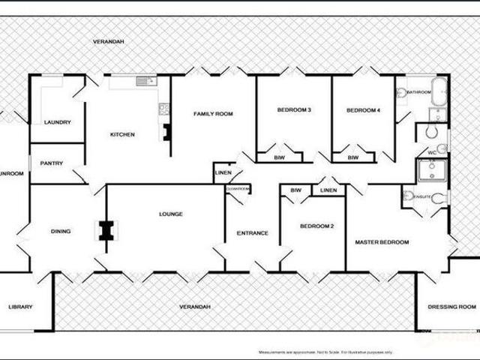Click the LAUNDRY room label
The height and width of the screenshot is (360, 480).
click(x=57, y=122)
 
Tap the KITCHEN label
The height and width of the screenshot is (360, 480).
click(x=122, y=135)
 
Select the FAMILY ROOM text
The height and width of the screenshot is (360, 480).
click(x=213, y=114)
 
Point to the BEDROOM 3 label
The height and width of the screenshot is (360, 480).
click(x=294, y=111)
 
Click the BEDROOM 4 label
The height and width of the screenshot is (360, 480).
click(x=363, y=111)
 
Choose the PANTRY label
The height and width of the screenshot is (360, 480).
click(x=51, y=163)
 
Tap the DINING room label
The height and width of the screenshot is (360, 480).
click(x=60, y=231)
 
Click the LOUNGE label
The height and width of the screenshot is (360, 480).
click(x=171, y=214)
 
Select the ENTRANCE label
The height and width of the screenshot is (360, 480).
click(x=253, y=232)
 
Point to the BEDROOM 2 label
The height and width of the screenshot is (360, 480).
click(x=316, y=226)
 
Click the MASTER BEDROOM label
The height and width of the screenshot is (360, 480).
click(x=382, y=242)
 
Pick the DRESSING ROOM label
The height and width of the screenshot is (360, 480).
click(x=451, y=307)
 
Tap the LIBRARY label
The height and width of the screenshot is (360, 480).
click(x=20, y=307)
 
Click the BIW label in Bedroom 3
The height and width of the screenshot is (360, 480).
click(x=279, y=157)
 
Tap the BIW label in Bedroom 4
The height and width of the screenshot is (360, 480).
click(x=352, y=157)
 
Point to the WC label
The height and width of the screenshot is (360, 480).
click(x=432, y=153)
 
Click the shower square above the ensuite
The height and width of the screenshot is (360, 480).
click(x=432, y=170)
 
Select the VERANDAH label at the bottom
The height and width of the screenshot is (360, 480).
click(x=194, y=307)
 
